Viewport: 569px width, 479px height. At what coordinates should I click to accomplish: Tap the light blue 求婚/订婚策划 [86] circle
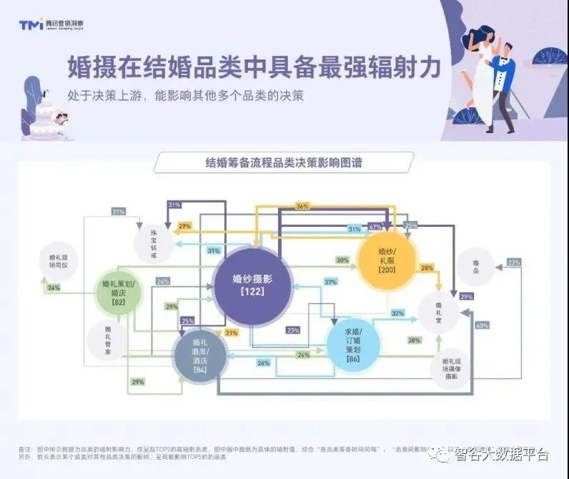(x=353, y=345)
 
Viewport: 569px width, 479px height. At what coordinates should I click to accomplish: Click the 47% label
(x=375, y=227)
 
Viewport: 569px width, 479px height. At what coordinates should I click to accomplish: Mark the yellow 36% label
(x=302, y=206)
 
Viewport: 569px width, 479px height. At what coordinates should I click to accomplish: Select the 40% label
(x=483, y=326)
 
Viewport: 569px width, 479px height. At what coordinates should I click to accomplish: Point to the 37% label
(x=330, y=282)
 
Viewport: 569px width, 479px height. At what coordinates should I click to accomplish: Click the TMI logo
(x=31, y=24)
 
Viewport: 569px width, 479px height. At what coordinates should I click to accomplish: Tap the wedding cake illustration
(x=47, y=117)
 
